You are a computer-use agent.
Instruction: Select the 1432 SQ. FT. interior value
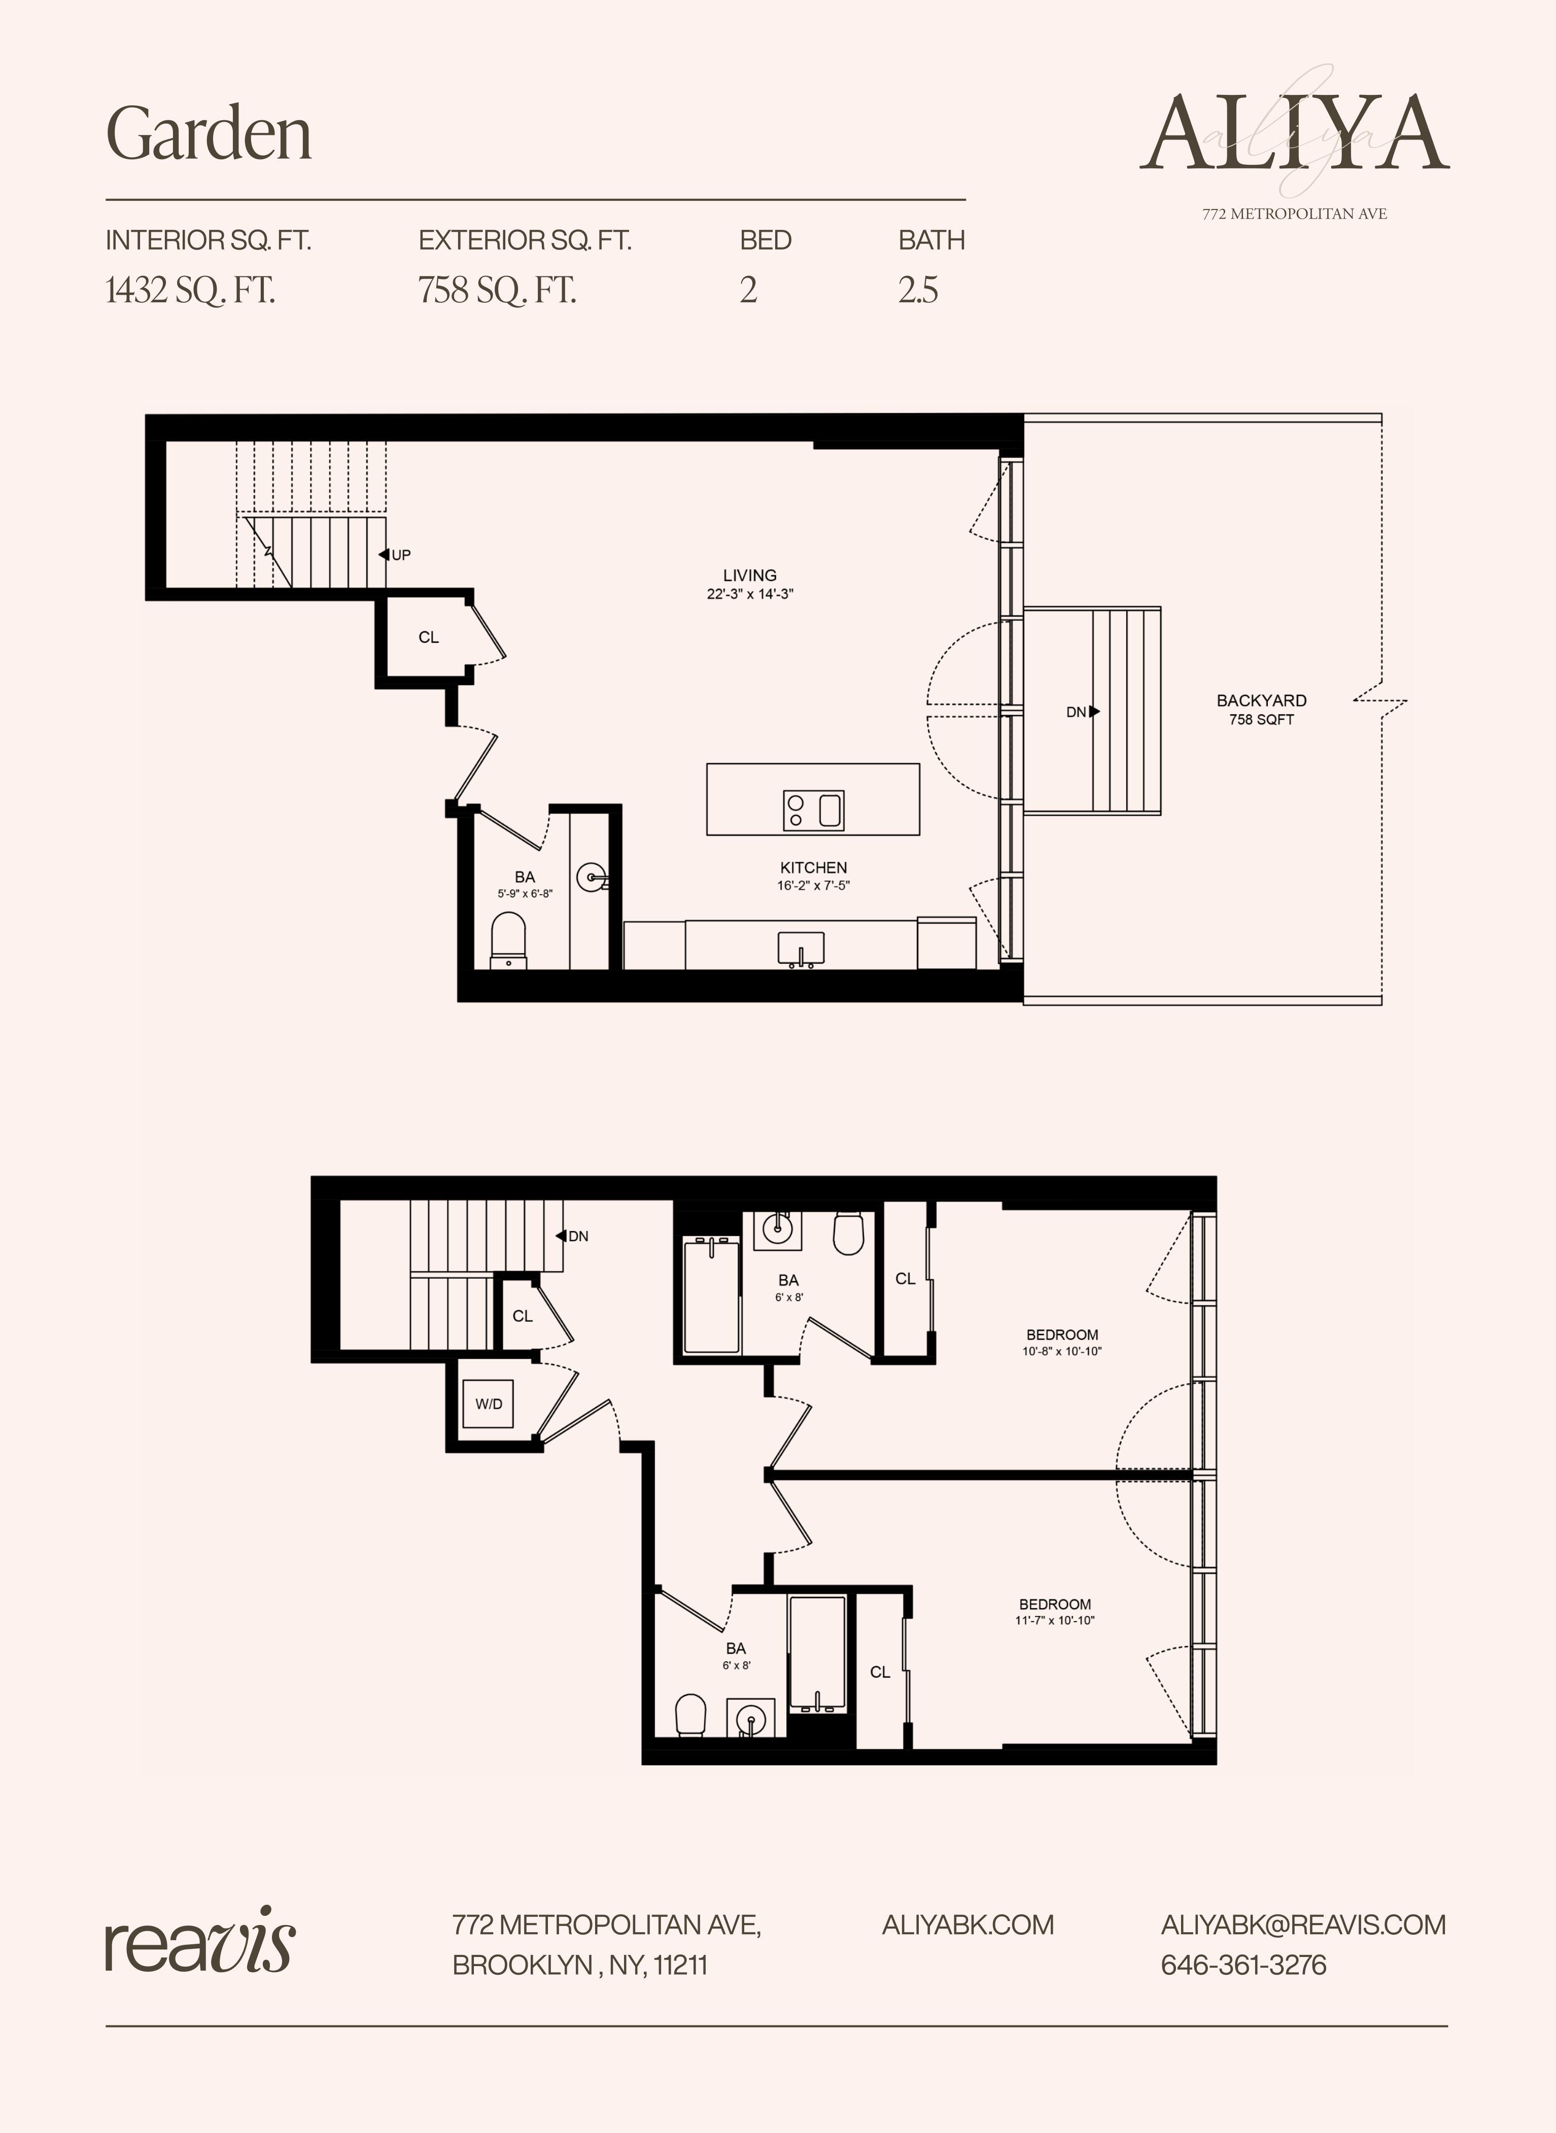tap(190, 290)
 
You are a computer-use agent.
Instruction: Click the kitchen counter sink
tap(801, 949)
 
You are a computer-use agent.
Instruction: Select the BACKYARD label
tap(1261, 701)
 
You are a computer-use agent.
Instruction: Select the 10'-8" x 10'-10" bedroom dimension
tap(1061, 1351)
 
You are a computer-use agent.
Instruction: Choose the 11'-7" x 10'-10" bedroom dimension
tap(1055, 1621)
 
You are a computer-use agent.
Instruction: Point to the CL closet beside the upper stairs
tap(523, 1316)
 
